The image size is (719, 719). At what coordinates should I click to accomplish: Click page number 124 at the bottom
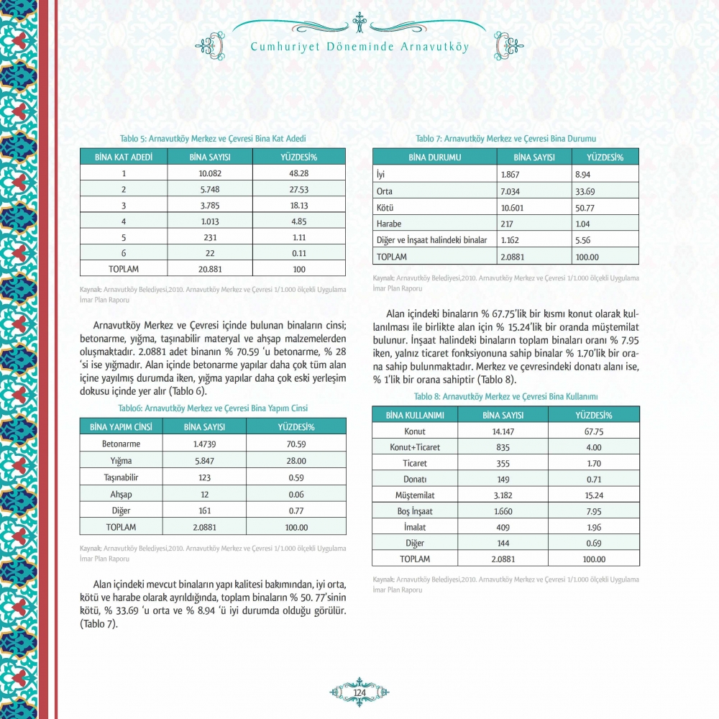(359, 692)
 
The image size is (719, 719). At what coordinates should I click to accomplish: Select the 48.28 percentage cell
(298, 173)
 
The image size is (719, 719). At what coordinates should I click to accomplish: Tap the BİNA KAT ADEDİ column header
(124, 156)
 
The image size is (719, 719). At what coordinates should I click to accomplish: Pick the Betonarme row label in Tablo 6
(121, 444)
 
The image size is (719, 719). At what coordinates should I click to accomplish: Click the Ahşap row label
(121, 494)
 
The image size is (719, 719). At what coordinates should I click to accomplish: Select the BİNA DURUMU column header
(434, 156)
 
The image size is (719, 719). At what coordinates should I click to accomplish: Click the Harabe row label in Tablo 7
(389, 224)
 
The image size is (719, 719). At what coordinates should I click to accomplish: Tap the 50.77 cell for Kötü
(587, 207)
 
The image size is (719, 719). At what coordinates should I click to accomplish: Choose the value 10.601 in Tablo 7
(514, 207)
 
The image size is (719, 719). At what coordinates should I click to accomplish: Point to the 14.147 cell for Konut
(503, 431)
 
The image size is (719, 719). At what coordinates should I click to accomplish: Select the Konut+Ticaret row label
(415, 447)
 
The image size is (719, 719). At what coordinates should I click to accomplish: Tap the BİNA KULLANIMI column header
(415, 415)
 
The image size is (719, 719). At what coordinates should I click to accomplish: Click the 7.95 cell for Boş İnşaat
(593, 511)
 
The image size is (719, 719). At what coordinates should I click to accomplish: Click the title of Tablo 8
(505, 396)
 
